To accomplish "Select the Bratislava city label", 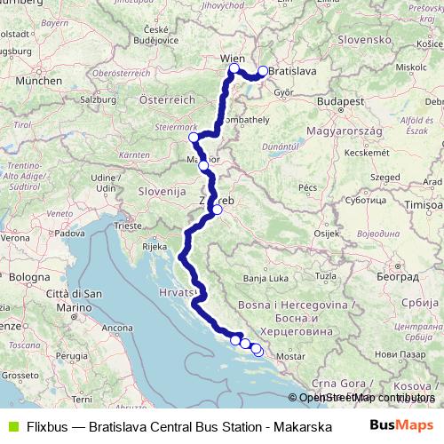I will pyautogui.click(x=293, y=67).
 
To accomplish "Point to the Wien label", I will pyautogui.click(x=232, y=58).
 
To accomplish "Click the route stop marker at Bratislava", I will pyautogui.click(x=263, y=72).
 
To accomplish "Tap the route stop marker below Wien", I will pyautogui.click(x=234, y=69).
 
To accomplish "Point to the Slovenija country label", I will pyautogui.click(x=161, y=191).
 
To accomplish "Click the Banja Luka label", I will pyautogui.click(x=266, y=278).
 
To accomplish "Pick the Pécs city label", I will pyautogui.click(x=308, y=187).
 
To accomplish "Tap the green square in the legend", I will pyautogui.click(x=12, y=424).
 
